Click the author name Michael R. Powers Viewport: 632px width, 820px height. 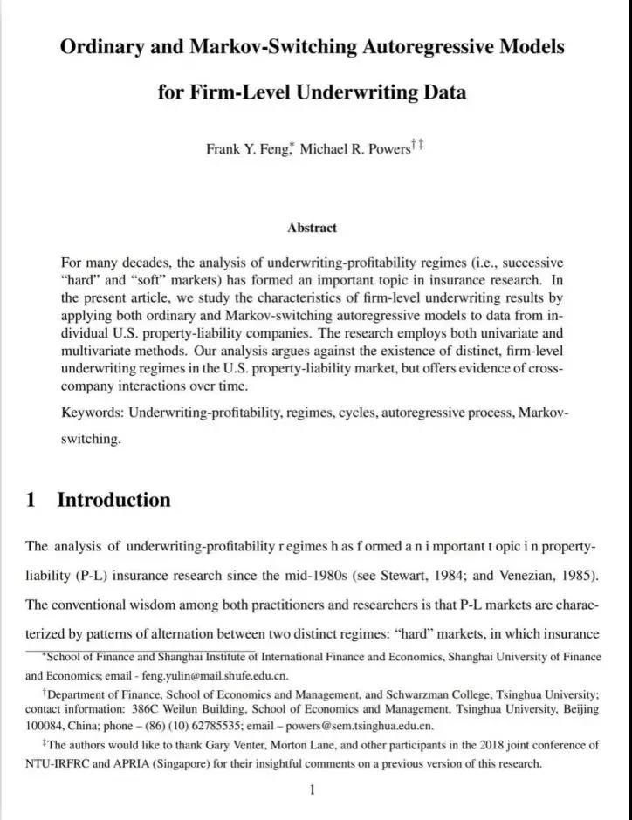point(354,148)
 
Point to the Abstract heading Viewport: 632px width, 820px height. point(312,228)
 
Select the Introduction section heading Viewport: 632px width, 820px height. point(113,500)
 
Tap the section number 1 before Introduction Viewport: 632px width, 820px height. point(31,500)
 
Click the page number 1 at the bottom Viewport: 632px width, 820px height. point(312,790)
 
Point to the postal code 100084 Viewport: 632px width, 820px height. point(45,726)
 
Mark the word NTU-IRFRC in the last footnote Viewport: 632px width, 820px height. point(58,764)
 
